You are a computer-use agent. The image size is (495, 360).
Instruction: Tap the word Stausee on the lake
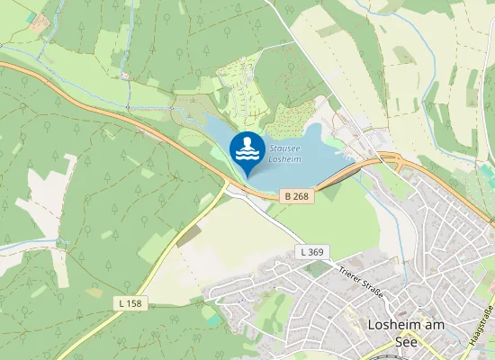point(284,148)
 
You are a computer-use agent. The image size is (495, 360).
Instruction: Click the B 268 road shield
point(298,195)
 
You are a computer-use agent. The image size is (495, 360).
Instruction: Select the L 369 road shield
point(310,252)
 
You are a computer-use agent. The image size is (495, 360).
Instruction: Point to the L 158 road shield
point(130,303)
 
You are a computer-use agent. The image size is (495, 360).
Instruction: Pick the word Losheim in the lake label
point(285,158)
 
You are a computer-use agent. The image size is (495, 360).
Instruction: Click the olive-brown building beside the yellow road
point(188,236)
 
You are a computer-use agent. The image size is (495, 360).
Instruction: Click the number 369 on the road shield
point(315,252)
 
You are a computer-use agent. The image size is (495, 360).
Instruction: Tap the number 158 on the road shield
point(134,303)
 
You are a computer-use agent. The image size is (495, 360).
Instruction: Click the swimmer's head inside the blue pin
point(247,141)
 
